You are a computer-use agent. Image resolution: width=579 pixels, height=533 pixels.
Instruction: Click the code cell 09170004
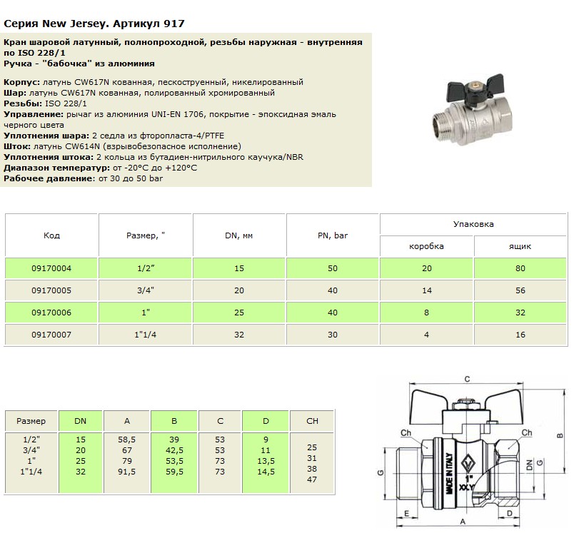(x=51, y=268)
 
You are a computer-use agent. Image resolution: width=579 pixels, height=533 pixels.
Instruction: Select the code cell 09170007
(x=51, y=335)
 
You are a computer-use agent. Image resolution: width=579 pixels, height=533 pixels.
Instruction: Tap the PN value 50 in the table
(x=333, y=268)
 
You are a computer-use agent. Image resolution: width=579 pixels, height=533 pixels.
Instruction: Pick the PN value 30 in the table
(x=333, y=335)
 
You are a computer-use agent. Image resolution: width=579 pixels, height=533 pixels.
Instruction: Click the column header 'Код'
(x=51, y=235)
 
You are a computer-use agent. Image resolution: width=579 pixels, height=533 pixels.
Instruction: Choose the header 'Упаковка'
(x=473, y=224)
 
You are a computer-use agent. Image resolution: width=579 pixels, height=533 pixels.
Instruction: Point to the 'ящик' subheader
(x=520, y=246)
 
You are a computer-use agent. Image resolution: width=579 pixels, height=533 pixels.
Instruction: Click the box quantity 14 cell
(x=426, y=291)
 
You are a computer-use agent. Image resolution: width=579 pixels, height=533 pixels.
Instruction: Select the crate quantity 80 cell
(x=520, y=268)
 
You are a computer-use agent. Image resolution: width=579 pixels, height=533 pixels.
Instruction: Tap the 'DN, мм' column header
(x=239, y=235)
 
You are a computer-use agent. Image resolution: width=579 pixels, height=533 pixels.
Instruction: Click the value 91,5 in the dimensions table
(x=127, y=472)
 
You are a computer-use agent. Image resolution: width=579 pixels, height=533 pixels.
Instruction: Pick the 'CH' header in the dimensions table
(x=312, y=421)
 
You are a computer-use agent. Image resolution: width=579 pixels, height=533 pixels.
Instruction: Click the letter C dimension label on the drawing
(x=466, y=379)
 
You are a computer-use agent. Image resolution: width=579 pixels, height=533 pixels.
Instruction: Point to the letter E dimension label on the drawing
(x=406, y=514)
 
